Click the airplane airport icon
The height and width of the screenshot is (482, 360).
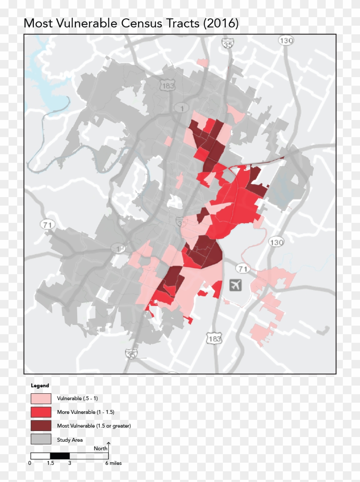[x=235, y=284]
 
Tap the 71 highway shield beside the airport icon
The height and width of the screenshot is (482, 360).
[x=243, y=269]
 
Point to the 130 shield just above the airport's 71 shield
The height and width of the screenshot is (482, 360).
[x=276, y=242]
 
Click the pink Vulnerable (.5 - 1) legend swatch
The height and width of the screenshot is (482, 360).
[x=41, y=398]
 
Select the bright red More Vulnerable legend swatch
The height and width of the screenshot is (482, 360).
[x=41, y=412]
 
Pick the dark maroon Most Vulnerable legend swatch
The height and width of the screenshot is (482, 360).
[x=41, y=426]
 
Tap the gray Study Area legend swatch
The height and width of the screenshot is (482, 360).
[x=41, y=440]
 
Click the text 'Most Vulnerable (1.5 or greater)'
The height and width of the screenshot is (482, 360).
[x=94, y=426]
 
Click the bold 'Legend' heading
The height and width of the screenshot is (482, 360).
[x=40, y=386]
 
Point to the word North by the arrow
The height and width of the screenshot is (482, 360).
[x=101, y=448]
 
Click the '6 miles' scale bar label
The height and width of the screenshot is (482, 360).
[x=114, y=463]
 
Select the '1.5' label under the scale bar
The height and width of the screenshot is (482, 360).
[x=50, y=463]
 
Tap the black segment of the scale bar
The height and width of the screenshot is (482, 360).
[x=60, y=456]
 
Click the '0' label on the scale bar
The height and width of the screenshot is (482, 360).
[x=30, y=463]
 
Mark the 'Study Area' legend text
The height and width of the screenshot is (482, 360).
[x=70, y=440]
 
